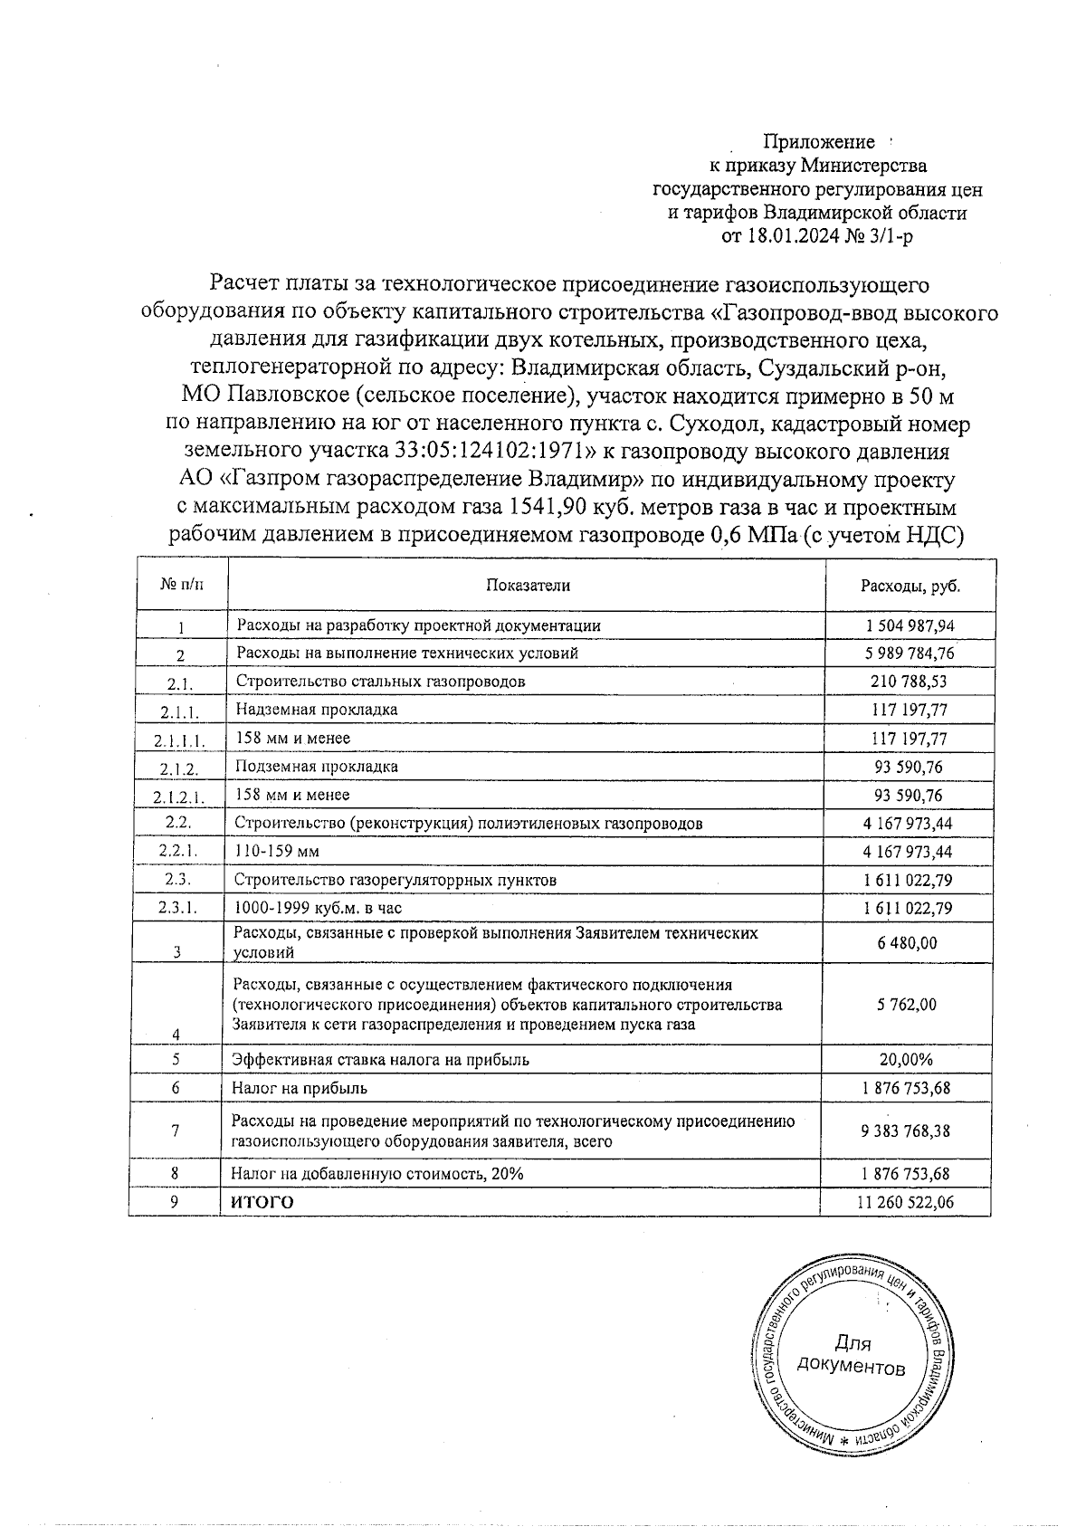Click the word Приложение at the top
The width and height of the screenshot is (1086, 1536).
(819, 142)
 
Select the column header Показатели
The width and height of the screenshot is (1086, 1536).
(529, 585)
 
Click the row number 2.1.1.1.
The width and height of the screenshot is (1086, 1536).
(179, 740)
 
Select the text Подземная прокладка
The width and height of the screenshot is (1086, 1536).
(317, 767)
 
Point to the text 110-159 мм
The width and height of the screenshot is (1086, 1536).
(277, 852)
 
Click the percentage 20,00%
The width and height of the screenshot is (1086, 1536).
(906, 1059)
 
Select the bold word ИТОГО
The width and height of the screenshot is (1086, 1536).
(262, 1202)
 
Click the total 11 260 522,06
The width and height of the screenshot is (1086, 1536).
(904, 1202)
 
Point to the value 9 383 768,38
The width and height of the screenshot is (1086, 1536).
(906, 1131)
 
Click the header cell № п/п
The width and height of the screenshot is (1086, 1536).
(182, 585)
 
